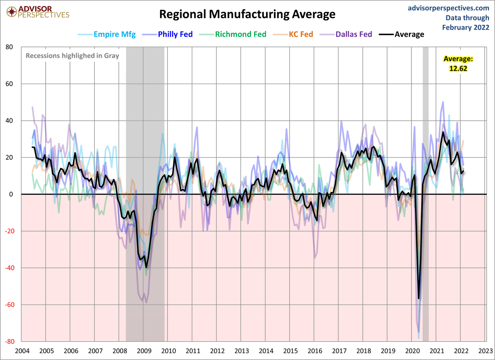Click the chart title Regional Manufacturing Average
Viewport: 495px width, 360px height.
tap(247, 14)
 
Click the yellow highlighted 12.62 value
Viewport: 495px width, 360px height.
tap(458, 68)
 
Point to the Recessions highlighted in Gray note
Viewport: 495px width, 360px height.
tap(72, 55)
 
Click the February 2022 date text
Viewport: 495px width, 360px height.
tap(466, 27)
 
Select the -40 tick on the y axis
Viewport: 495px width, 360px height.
tap(8, 268)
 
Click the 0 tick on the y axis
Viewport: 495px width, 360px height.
tap(11, 194)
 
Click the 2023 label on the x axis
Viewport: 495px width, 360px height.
tap(485, 351)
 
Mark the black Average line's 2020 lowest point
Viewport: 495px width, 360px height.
tap(418, 298)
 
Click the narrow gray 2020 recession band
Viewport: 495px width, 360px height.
tap(425, 116)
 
